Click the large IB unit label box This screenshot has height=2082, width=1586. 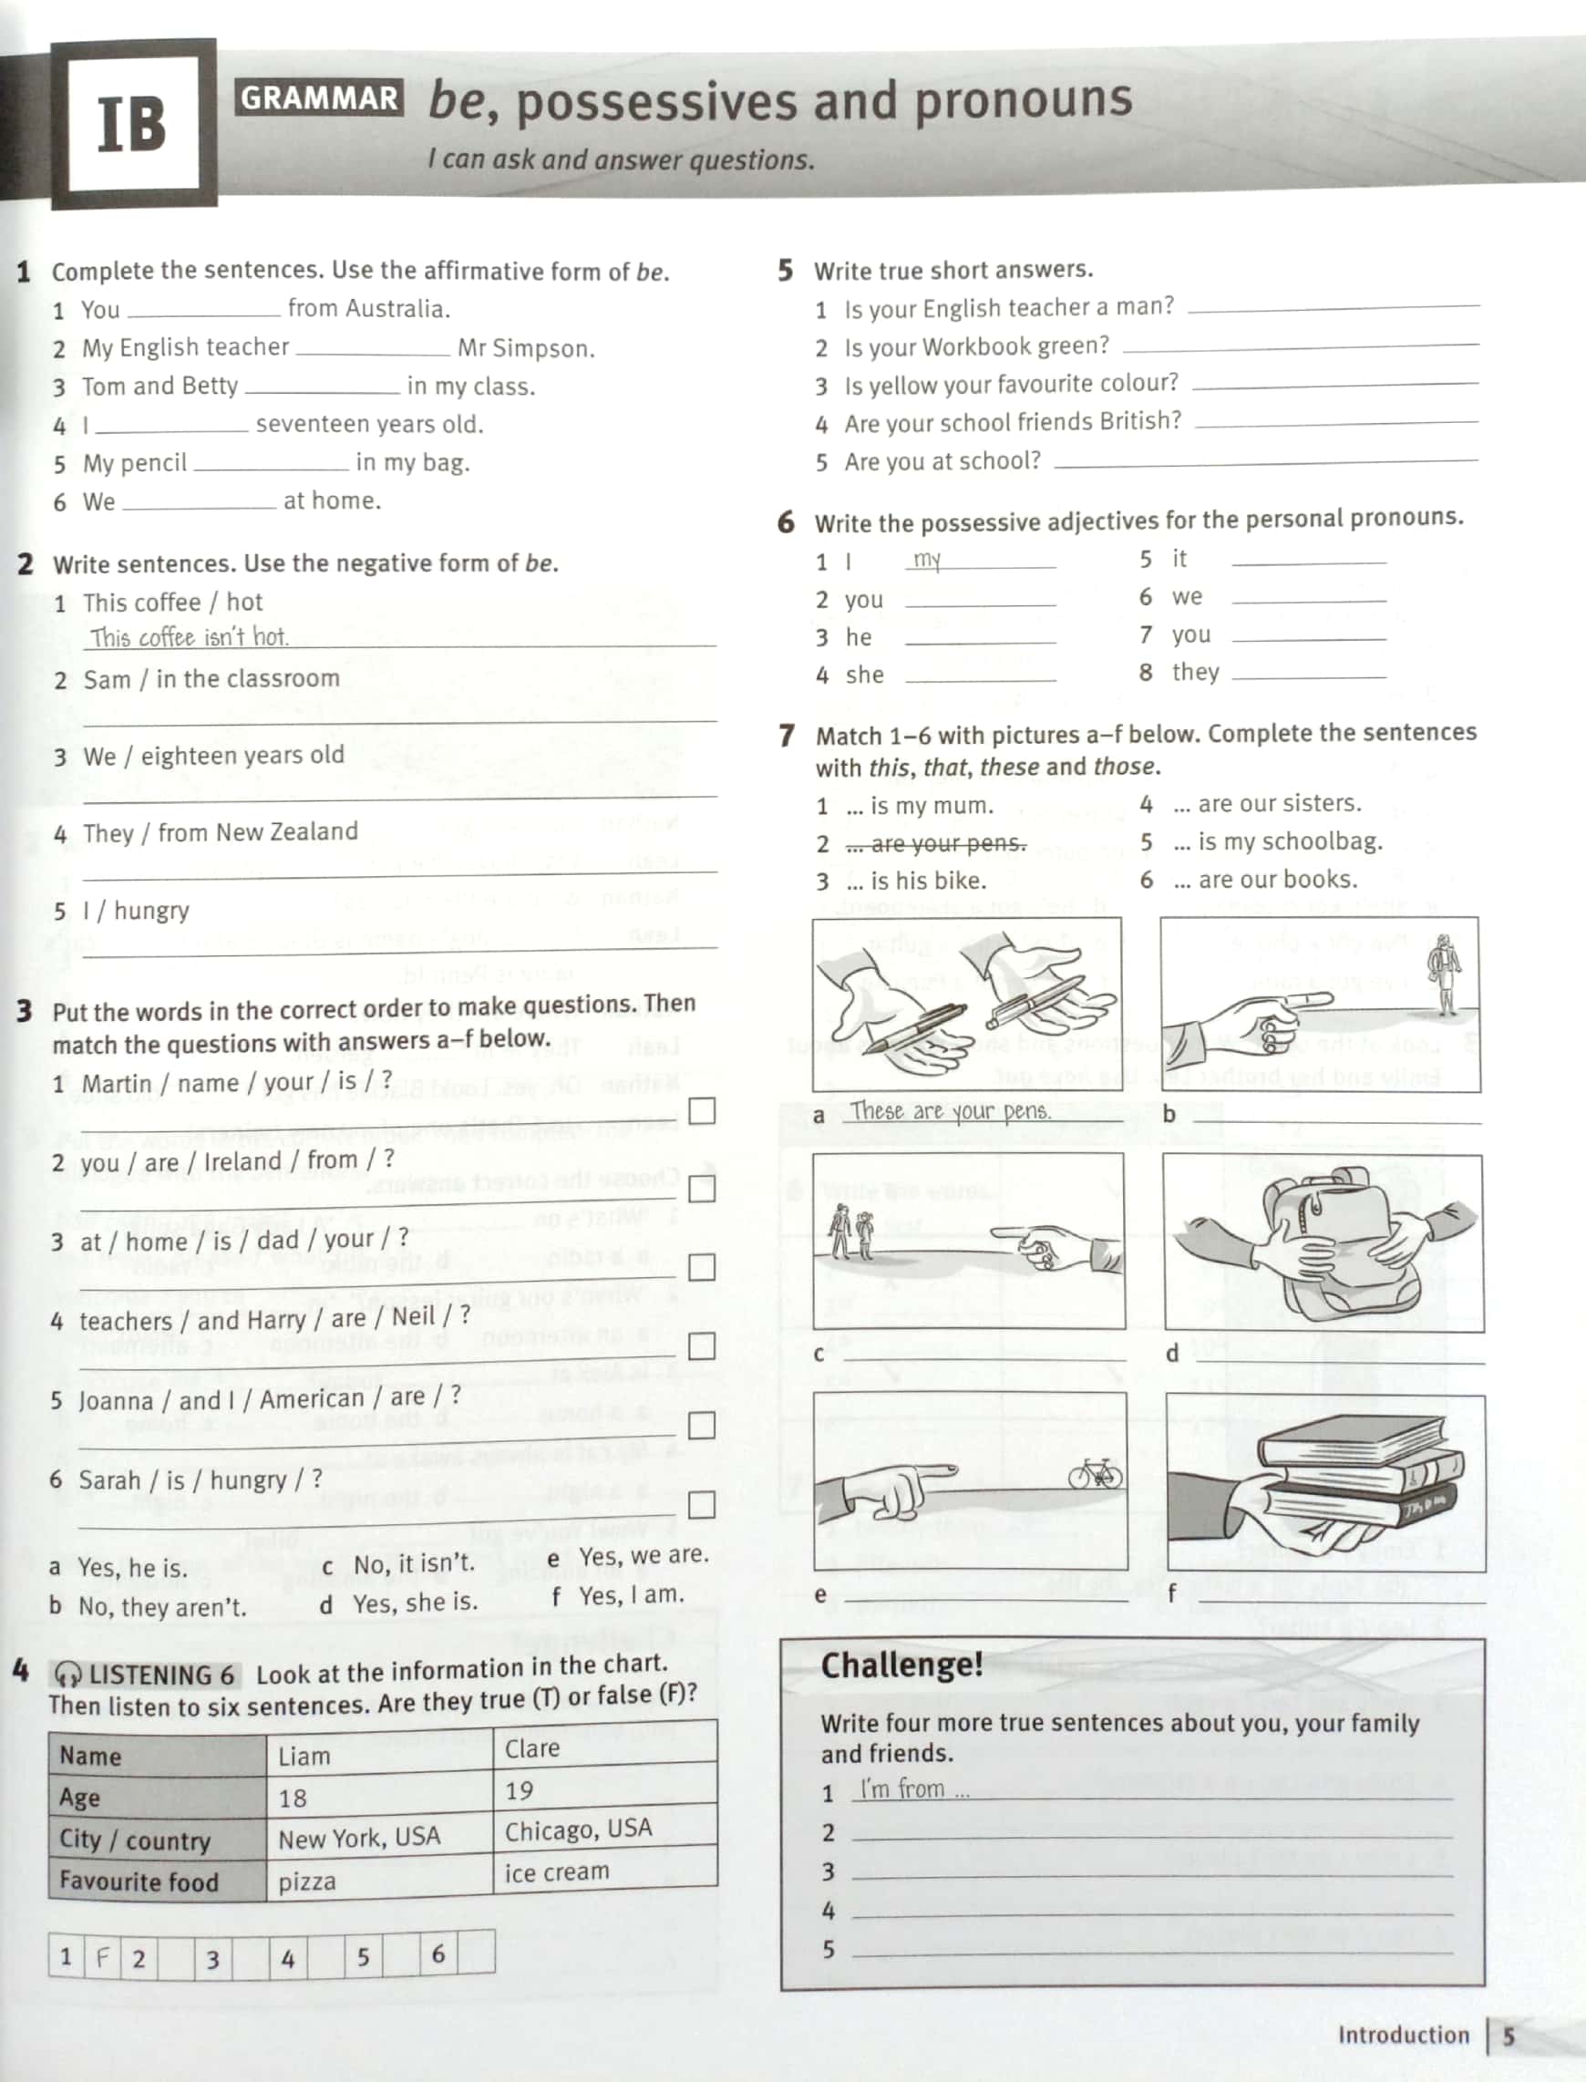tap(133, 124)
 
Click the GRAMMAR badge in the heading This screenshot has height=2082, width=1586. tap(319, 98)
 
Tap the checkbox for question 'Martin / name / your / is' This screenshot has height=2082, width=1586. tap(702, 1111)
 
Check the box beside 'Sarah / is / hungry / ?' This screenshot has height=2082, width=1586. tap(702, 1504)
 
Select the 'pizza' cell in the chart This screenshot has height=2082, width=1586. tap(308, 1881)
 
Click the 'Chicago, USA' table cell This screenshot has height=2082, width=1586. tap(578, 1829)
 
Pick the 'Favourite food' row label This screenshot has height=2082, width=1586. tap(139, 1881)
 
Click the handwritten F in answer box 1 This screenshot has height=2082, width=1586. tap(102, 1955)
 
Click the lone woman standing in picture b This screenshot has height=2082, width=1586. tap(1446, 973)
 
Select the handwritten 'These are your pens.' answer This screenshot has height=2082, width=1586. tap(950, 1111)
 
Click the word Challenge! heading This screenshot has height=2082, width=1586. tap(901, 1665)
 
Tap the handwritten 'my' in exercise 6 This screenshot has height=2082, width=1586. tap(927, 560)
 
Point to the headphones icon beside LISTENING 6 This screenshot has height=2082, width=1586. tap(68, 1675)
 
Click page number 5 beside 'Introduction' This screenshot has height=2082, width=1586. tap(1509, 2035)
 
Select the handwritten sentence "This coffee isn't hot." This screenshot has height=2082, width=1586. tap(190, 637)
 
